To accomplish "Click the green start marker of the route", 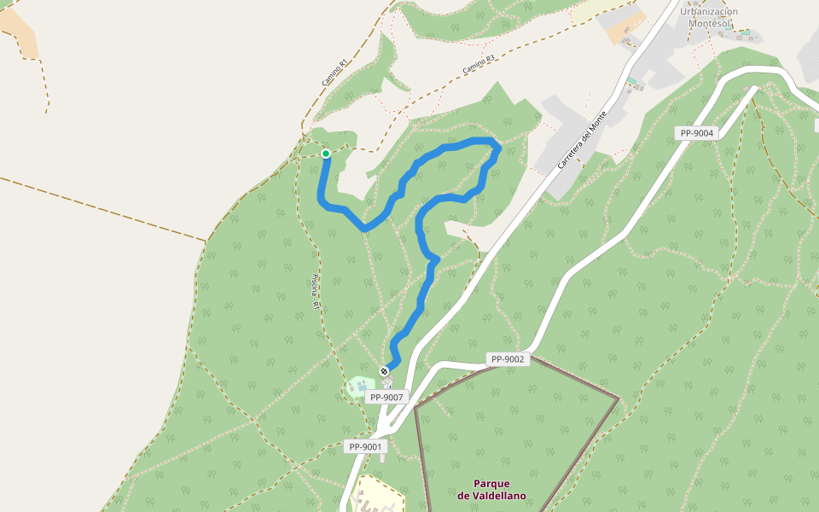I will point(326,154).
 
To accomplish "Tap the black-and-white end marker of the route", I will point(385,371).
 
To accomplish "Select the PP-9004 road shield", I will point(698,133).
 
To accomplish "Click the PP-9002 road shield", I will point(508,359).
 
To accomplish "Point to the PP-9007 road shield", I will point(386,397).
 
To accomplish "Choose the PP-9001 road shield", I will point(366,446).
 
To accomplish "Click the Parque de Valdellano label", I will point(491,489).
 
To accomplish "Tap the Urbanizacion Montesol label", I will point(709,18).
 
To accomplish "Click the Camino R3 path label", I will point(479,64).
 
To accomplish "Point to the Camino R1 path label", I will point(335,72).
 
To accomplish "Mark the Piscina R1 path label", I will point(315,291).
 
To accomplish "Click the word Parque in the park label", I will point(491,483).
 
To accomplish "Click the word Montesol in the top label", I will point(709,24).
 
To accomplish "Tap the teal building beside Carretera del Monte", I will point(631,80).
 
